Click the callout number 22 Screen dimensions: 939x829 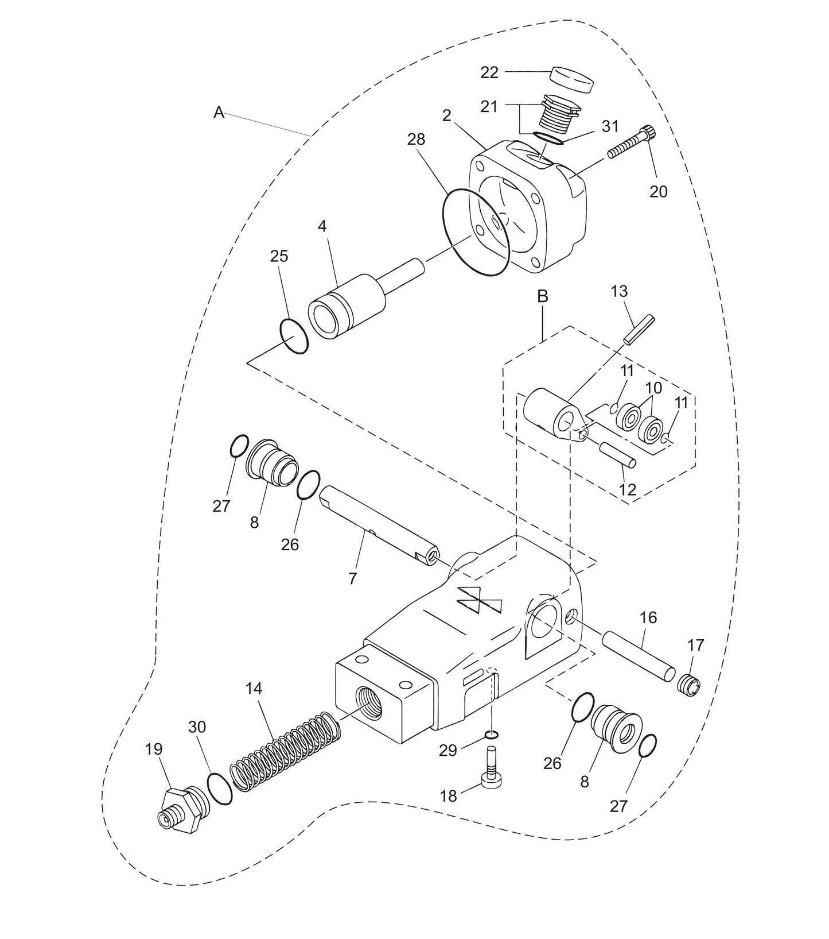(x=489, y=72)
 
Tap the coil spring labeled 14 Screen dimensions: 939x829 (x=286, y=751)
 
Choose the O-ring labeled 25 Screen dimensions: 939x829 (x=294, y=338)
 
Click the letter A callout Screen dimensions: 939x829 (x=219, y=113)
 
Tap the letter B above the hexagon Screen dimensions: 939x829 (x=542, y=297)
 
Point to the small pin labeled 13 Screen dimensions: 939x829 (x=638, y=330)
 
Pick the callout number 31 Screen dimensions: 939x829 (x=610, y=126)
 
